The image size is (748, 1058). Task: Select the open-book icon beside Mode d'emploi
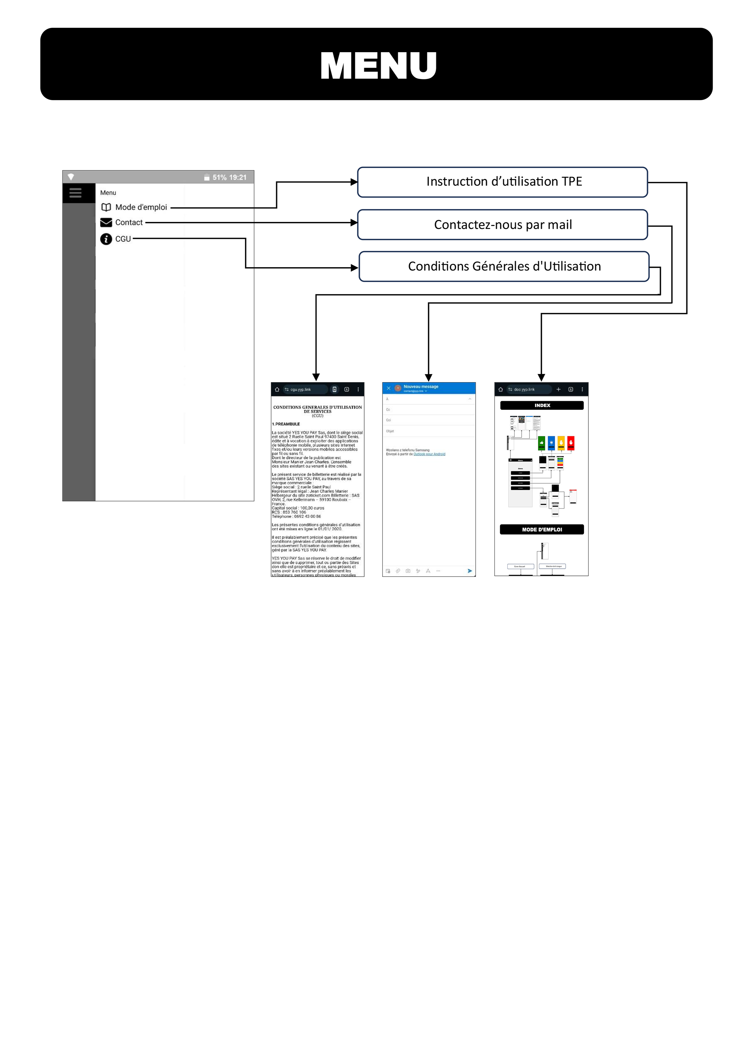[106, 207]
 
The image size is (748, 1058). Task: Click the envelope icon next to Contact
[106, 223]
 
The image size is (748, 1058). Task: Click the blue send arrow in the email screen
[470, 571]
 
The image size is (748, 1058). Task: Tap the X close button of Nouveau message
[388, 388]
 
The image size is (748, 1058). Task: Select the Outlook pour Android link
[429, 454]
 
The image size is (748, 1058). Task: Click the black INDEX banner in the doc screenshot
[542, 406]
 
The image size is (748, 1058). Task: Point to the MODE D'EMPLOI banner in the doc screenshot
[542, 530]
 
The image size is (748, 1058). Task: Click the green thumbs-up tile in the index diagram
[541, 443]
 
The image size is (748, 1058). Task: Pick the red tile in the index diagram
[571, 443]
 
